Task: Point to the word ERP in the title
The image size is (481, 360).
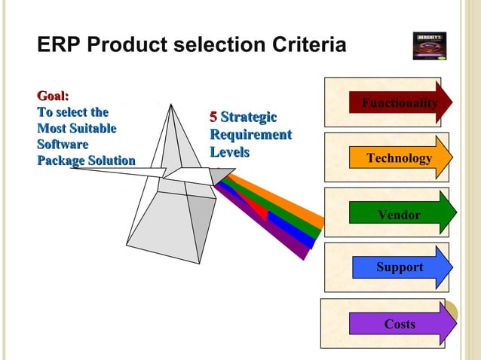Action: coord(58,46)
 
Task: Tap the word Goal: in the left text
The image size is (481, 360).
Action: coord(54,96)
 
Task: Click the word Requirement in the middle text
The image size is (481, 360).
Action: coord(250,136)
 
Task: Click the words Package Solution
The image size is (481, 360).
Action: coord(86,161)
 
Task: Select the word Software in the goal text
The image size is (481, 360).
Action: coord(63,145)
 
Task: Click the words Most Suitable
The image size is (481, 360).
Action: coord(76,129)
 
